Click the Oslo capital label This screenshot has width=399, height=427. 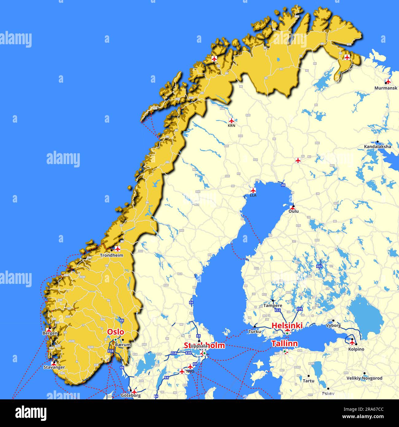coord(115,332)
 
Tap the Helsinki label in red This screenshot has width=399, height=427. coord(287,325)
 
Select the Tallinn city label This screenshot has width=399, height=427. coord(285,343)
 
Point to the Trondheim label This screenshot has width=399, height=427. coord(111,255)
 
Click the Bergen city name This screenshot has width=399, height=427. coord(50,333)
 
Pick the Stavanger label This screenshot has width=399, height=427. coord(54,367)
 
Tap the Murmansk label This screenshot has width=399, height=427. coord(385,88)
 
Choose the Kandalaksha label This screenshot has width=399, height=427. coord(378,147)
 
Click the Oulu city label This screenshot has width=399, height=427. coord(293,211)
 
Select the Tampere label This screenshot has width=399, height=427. coord(273,306)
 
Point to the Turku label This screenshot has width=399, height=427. coord(255,331)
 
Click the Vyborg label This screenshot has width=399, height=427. coord(333,325)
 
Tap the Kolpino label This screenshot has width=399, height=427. coord(356,349)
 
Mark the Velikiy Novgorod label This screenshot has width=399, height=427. coord(364,378)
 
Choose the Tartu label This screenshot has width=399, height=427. coord(308,381)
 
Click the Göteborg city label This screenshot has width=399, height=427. coord(131,395)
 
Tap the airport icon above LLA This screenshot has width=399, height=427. coord(253,190)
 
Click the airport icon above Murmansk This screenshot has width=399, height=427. coord(388,81)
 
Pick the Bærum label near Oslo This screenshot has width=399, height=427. coord(123,345)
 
